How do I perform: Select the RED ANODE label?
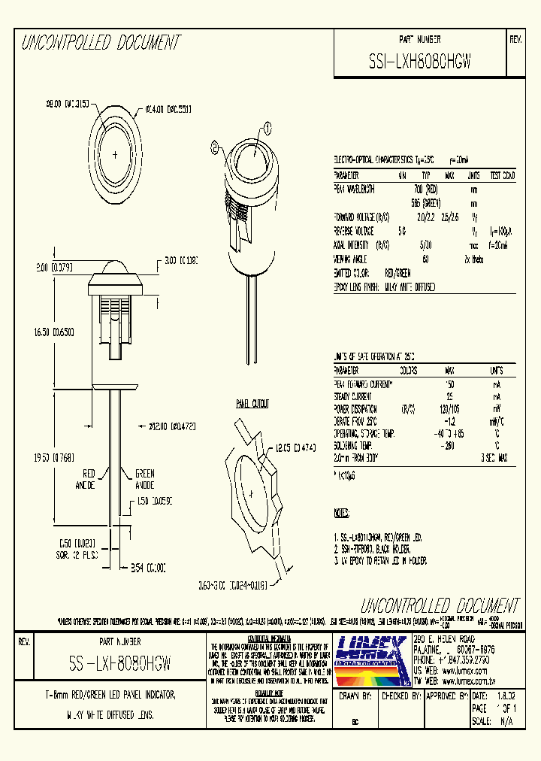[89, 479]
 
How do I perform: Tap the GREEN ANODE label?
[144, 479]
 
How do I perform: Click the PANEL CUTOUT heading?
[252, 404]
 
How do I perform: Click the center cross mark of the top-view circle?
[114, 154]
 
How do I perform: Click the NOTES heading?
[341, 513]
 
